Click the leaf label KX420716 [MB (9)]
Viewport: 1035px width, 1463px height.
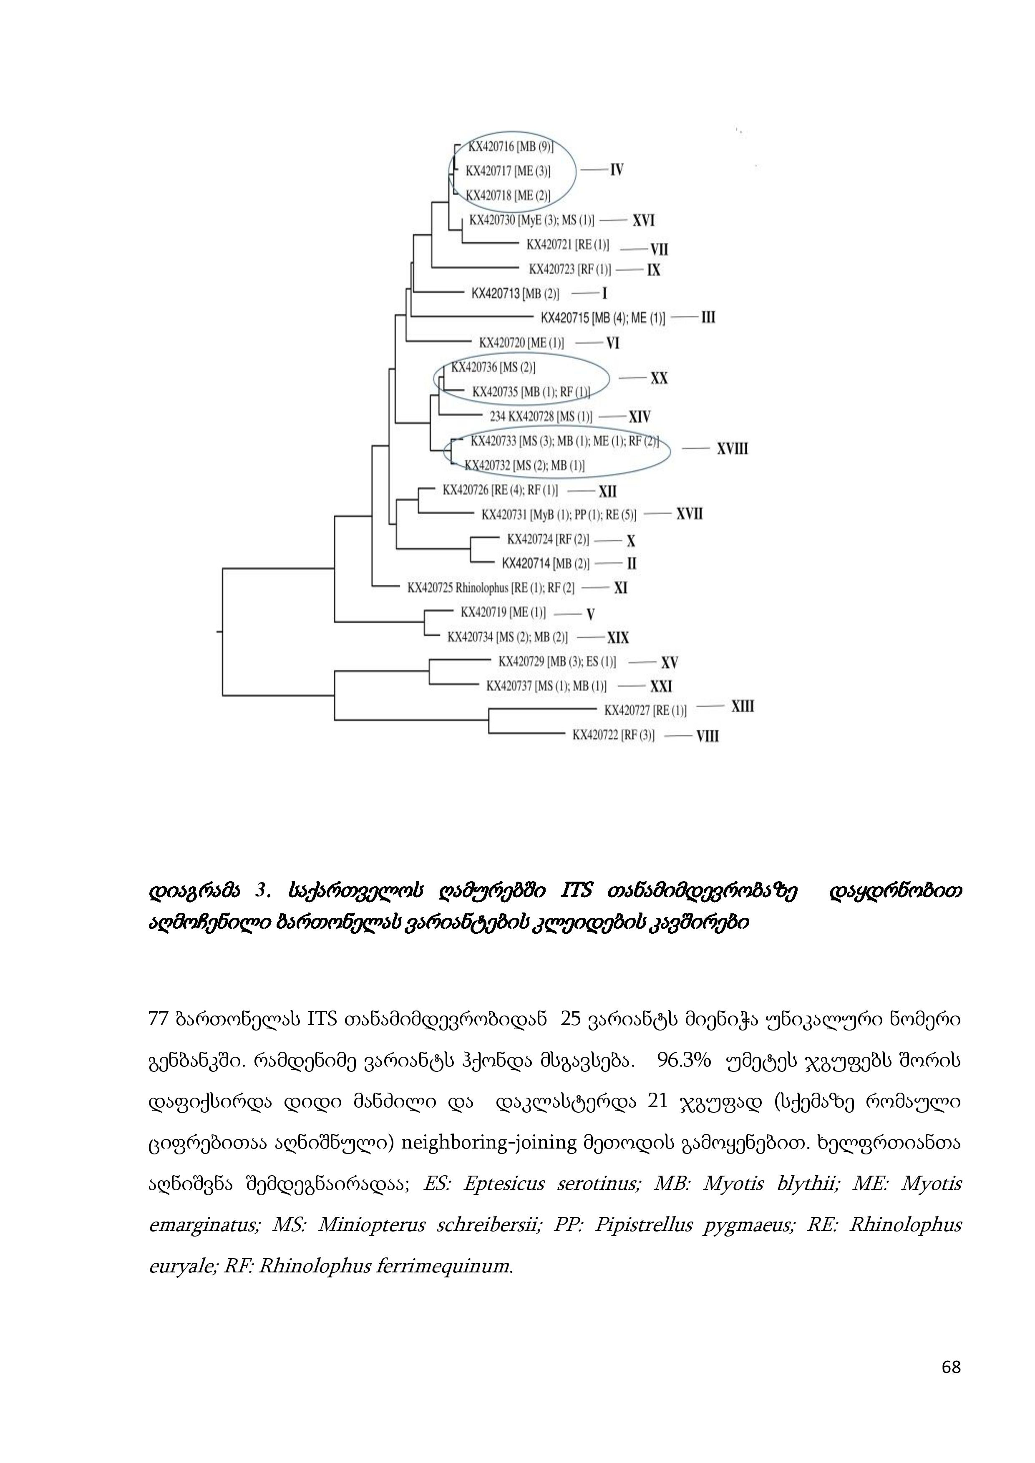[511, 146]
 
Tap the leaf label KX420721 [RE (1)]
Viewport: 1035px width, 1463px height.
[567, 245]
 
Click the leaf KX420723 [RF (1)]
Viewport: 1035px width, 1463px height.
[570, 269]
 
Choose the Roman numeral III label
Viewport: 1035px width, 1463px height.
[708, 317]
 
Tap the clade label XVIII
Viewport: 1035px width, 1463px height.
[732, 449]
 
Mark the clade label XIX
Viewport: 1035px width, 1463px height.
[617, 638]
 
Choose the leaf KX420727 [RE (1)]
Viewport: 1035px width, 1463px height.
[645, 710]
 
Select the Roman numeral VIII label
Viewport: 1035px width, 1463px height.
[708, 736]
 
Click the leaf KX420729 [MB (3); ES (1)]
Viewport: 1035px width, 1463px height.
[557, 662]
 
